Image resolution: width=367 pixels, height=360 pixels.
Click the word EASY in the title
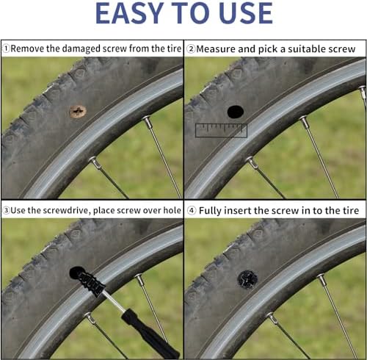pyautogui.click(x=129, y=13)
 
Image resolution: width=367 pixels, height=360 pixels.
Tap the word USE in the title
pyautogui.click(x=246, y=13)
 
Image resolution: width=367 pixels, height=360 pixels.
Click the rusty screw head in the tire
pyautogui.click(x=78, y=112)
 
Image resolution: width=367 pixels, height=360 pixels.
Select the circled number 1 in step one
pyautogui.click(x=6, y=48)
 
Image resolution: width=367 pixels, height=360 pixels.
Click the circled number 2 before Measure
pyautogui.click(x=191, y=48)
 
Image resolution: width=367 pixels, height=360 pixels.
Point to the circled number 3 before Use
pyautogui.click(x=6, y=210)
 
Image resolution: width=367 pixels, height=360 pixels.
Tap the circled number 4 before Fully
pyautogui.click(x=192, y=210)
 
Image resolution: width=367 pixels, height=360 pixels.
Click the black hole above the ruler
pyautogui.click(x=236, y=112)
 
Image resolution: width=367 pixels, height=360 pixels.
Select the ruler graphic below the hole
pyautogui.click(x=221, y=131)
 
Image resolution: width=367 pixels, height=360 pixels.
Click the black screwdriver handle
pyautogui.click(x=150, y=334)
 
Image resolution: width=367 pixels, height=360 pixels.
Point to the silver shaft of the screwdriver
pyautogui.click(x=114, y=302)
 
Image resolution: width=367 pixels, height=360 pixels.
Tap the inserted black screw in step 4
pyautogui.click(x=247, y=279)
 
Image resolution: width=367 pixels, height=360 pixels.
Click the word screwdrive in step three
pyautogui.click(x=59, y=210)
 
